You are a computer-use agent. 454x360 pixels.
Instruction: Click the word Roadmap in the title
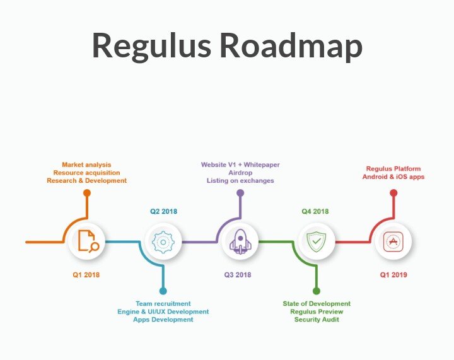pyautogui.click(x=291, y=45)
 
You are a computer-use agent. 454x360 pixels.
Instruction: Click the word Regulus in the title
pyautogui.click(x=152, y=46)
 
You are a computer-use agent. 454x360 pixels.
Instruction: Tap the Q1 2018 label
pyautogui.click(x=86, y=275)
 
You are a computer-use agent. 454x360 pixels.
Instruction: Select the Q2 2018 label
pyautogui.click(x=163, y=211)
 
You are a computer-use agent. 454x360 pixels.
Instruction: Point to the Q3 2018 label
pyautogui.click(x=238, y=275)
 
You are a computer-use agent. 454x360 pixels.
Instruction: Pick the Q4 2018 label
pyautogui.click(x=315, y=211)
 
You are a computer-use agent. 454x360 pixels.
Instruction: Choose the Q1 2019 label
pyautogui.click(x=393, y=275)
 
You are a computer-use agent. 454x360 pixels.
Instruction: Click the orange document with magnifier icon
pyautogui.click(x=88, y=241)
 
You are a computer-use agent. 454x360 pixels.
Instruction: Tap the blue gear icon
pyautogui.click(x=163, y=242)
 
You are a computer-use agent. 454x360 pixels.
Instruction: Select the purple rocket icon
pyautogui.click(x=240, y=242)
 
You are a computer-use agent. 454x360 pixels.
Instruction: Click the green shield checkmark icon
pyautogui.click(x=317, y=241)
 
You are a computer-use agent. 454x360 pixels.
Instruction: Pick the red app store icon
pyautogui.click(x=393, y=241)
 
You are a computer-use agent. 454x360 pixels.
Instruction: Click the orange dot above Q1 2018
pyautogui.click(x=87, y=193)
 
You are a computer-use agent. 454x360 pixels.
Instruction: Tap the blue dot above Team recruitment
pyautogui.click(x=163, y=291)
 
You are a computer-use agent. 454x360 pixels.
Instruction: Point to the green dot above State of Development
pyautogui.click(x=317, y=291)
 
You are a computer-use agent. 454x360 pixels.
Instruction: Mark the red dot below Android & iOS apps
pyautogui.click(x=393, y=193)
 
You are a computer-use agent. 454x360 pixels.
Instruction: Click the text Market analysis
pyautogui.click(x=86, y=165)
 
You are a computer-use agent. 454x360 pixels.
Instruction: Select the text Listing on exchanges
pyautogui.click(x=240, y=180)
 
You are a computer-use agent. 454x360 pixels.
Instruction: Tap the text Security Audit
pyautogui.click(x=317, y=320)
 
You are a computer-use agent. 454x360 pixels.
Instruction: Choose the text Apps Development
pyautogui.click(x=163, y=320)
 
